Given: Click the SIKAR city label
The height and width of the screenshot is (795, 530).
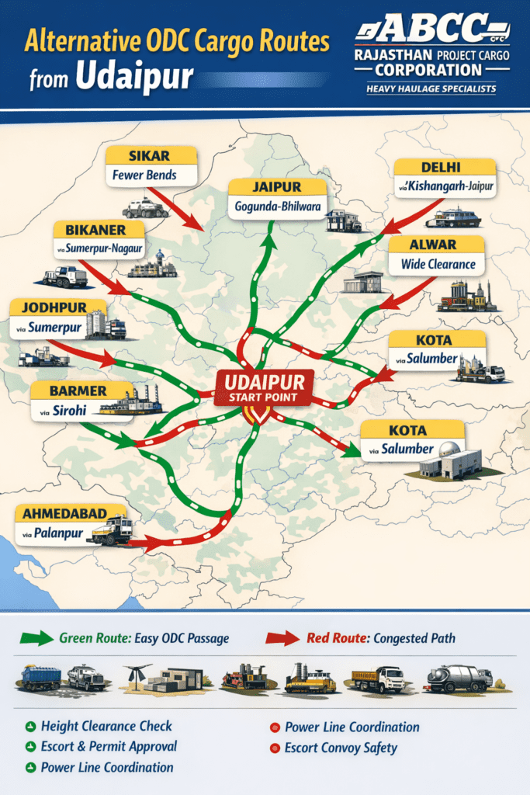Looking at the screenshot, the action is click(151, 155).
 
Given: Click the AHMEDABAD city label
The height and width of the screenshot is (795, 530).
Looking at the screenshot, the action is click(69, 513).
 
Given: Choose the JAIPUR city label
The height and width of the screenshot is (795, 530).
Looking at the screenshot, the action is click(276, 187).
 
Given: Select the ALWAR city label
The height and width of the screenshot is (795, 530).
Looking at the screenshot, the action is click(438, 245).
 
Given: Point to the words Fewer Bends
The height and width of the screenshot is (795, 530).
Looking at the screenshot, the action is click(144, 175).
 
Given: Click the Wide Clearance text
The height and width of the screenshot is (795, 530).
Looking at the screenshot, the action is click(438, 264).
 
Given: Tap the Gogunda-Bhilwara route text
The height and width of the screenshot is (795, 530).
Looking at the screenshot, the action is click(276, 207).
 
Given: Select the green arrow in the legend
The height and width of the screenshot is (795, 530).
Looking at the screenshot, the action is click(34, 638).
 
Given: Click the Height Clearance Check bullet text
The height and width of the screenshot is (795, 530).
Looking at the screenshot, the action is click(107, 726).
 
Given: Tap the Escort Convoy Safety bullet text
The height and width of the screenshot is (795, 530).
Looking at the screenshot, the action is click(341, 748).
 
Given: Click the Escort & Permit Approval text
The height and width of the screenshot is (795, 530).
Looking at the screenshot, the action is click(109, 746).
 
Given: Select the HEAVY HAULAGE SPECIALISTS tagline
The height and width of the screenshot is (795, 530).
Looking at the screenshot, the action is click(431, 89).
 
